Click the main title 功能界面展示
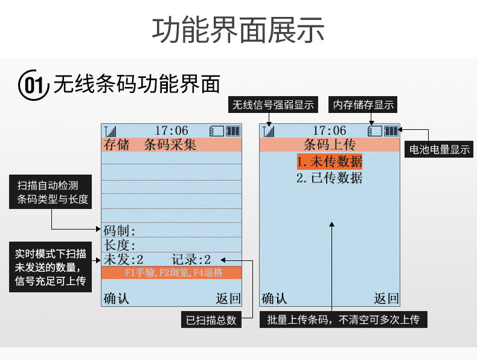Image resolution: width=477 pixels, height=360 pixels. point(238,30)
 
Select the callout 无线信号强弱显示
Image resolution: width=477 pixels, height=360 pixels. point(274,104)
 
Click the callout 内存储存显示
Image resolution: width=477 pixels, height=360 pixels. point(363,104)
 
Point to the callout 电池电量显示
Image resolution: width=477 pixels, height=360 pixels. point(439,149)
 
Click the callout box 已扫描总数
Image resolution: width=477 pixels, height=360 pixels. point(211,320)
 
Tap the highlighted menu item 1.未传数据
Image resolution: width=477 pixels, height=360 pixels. point(329,161)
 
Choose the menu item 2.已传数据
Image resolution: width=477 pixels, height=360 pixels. point(329,178)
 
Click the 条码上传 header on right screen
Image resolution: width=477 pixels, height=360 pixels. point(329,145)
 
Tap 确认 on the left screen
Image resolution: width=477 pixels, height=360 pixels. point(117,298)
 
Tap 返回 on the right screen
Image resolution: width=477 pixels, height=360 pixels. point(386,298)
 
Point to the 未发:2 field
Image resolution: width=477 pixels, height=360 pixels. point(124,260)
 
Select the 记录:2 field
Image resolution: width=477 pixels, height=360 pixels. point(191,260)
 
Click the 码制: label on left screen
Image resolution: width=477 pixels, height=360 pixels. point(120,231)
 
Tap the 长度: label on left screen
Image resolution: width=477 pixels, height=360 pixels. point(120,245)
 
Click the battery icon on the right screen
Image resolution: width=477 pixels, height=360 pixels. point(392,130)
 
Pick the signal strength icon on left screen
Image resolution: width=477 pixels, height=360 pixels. point(110,130)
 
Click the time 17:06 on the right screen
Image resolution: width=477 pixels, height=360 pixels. point(330,130)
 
